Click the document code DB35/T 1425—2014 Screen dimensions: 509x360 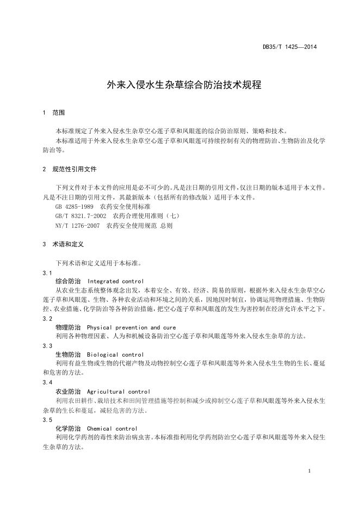(x=289, y=47)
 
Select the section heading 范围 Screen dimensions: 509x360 (x=59, y=113)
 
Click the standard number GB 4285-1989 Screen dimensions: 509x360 (x=75, y=207)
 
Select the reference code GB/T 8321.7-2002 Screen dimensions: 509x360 (x=80, y=216)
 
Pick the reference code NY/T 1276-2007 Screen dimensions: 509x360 (x=78, y=225)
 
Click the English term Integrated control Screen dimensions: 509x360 (x=115, y=281)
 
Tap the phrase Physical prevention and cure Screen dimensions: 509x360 (x=131, y=327)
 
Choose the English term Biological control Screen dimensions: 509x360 (x=115, y=355)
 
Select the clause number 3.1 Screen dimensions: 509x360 (x=47, y=272)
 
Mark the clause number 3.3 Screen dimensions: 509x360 (x=47, y=346)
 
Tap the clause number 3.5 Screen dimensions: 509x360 (x=47, y=420)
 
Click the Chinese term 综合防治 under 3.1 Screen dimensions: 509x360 (x=68, y=281)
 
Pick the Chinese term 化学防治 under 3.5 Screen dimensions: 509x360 (x=68, y=429)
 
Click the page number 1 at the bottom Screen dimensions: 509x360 (x=309, y=471)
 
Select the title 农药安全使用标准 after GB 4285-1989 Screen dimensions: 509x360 (x=126, y=207)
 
